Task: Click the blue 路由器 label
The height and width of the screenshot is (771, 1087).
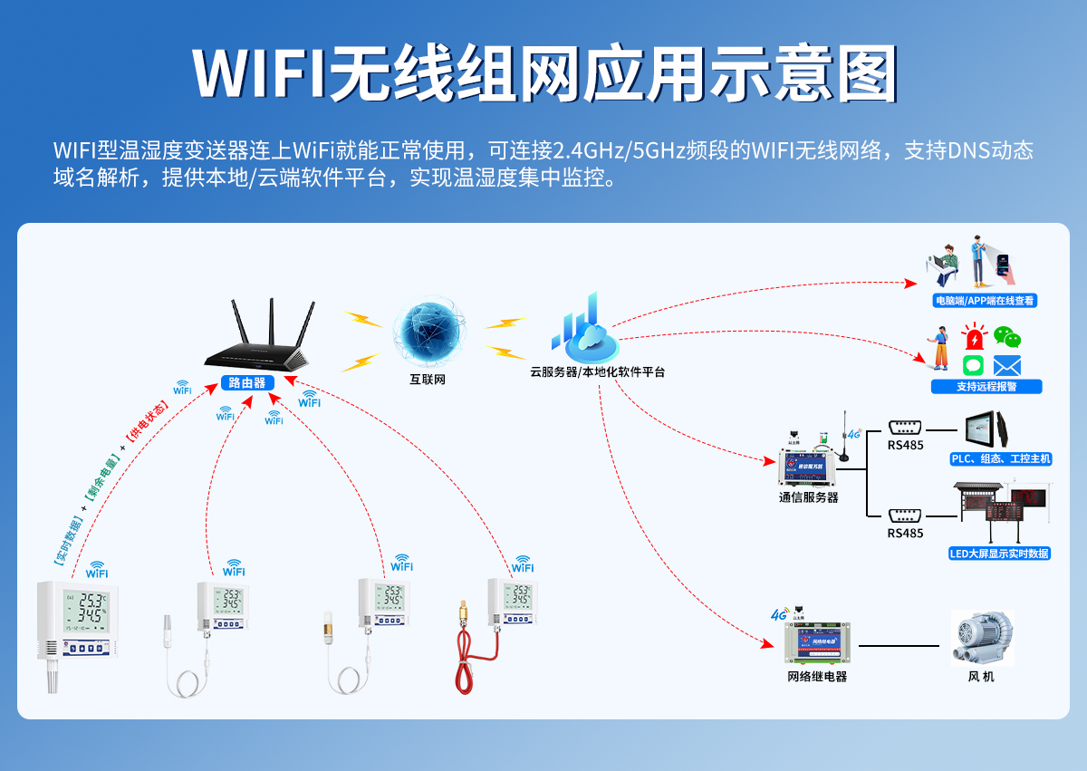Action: [247, 382]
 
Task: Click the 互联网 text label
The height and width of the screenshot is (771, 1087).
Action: [428, 380]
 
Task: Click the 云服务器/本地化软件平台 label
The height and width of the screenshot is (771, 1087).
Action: [597, 371]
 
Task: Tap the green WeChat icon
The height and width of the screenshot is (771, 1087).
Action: [1007, 337]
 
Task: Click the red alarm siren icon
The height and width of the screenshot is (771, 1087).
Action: [975, 338]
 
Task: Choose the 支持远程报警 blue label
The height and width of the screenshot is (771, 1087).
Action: [986, 387]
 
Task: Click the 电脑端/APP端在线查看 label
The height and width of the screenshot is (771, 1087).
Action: [985, 301]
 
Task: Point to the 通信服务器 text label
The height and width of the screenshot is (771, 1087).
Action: [809, 497]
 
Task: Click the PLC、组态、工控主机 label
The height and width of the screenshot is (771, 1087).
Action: [1000, 459]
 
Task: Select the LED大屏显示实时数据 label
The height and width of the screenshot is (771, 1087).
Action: [999, 554]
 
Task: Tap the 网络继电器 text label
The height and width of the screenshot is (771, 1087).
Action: [817, 677]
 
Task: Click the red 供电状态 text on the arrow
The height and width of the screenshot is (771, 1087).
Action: [147, 424]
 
